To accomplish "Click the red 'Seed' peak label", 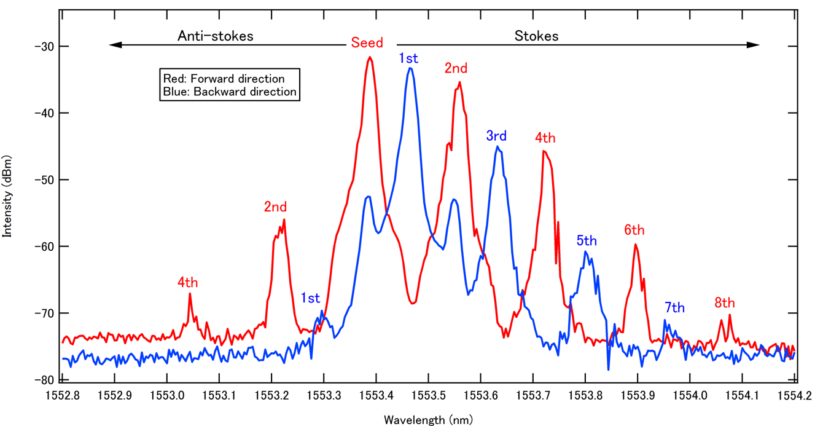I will tap(367, 43).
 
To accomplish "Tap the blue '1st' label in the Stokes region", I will tap(408, 59).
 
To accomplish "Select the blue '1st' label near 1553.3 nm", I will tap(310, 299).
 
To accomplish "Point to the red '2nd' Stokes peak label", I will tap(456, 69).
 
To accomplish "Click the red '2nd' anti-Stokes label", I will tap(276, 207).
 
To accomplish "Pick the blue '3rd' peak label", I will tap(496, 136).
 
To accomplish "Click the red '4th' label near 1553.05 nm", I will tap(188, 283).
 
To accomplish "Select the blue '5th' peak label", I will tap(587, 240).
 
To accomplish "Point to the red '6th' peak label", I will tap(634, 230).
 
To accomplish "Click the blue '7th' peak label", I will tap(674, 307).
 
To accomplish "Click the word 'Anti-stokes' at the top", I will tap(216, 36).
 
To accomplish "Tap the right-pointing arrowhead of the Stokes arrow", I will tap(755, 45).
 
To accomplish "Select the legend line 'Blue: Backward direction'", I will tap(230, 92).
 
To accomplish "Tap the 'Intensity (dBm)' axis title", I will tap(8, 195).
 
